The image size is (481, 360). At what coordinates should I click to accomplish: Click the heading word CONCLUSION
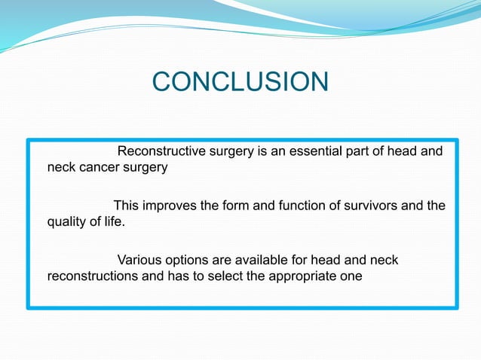[240, 82]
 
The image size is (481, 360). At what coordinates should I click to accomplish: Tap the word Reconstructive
[161, 151]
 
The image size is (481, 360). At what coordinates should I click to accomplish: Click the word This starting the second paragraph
[126, 206]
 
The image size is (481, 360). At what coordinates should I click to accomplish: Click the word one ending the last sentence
[351, 276]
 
